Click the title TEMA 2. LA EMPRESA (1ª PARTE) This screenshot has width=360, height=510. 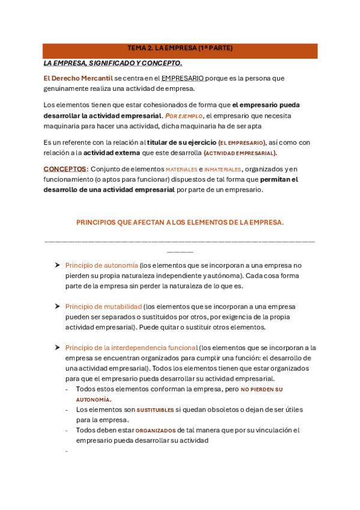(180, 48)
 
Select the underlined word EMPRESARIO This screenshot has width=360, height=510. (183, 78)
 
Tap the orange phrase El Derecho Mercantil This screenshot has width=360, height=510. (78, 78)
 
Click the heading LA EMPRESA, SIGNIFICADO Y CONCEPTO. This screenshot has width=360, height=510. (112, 63)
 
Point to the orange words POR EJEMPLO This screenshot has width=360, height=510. (183, 115)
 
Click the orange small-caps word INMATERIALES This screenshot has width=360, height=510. (222, 170)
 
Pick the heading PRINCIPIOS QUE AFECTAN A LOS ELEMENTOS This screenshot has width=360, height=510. (180, 223)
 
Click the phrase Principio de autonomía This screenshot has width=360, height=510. (101, 265)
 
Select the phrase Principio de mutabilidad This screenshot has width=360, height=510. (103, 306)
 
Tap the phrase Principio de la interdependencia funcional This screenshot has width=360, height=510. (131, 348)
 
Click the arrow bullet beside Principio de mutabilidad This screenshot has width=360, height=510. (56, 306)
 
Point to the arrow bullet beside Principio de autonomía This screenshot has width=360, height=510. (56, 265)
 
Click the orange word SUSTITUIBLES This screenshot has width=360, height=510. (155, 410)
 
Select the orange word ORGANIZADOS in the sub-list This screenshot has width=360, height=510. (155, 431)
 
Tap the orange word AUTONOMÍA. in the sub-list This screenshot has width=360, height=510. (93, 399)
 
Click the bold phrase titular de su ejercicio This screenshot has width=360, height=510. (181, 143)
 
